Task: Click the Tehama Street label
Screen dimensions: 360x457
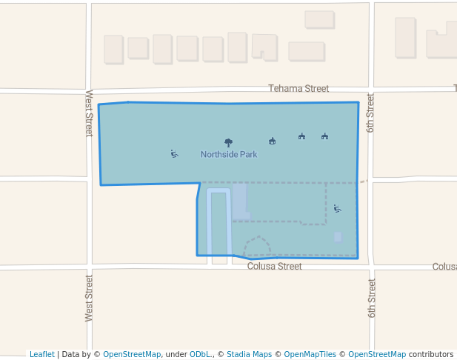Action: coord(298,89)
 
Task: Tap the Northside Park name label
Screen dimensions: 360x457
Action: coord(229,155)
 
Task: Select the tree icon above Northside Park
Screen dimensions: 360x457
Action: coord(228,142)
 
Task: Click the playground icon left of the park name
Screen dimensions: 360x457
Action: coord(174,154)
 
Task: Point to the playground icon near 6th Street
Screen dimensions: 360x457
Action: coord(338,209)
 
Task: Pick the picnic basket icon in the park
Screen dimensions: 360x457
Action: coord(273,141)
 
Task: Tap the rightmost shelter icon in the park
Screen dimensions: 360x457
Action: coord(324,136)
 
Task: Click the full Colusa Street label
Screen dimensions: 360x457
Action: coord(274,267)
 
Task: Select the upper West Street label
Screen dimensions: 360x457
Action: coord(89,113)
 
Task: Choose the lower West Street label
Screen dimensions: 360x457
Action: coord(89,298)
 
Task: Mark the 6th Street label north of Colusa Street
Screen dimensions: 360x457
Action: coord(370,113)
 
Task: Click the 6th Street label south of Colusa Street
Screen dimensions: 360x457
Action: coord(372,299)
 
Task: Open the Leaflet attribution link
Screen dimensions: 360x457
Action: coord(41,355)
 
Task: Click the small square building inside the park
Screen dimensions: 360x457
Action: coord(338,237)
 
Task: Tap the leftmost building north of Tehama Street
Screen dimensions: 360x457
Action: coord(113,50)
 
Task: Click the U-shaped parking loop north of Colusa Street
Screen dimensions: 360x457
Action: coord(219,222)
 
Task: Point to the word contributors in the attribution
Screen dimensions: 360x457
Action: coord(431,355)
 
